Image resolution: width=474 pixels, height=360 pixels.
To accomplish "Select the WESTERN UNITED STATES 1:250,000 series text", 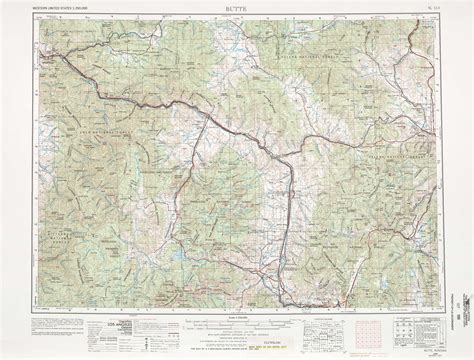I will (62, 8).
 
